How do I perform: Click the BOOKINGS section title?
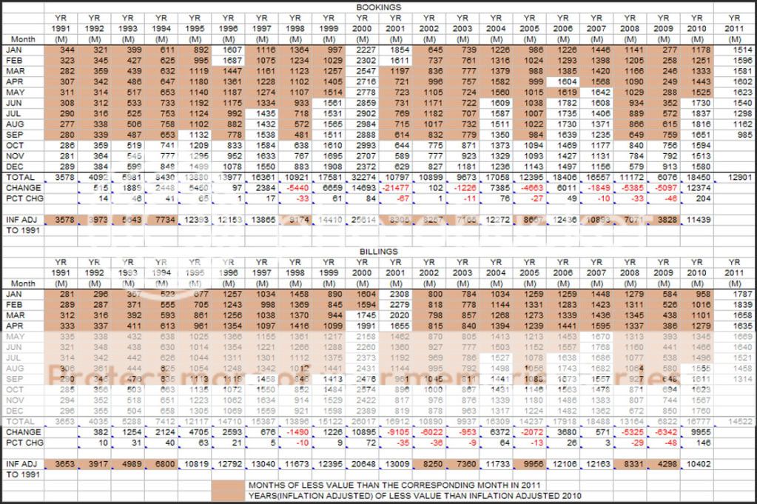click(378, 7)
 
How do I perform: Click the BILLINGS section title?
click(378, 252)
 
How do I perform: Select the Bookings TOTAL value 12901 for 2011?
click(734, 178)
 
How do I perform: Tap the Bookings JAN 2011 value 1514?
click(734, 49)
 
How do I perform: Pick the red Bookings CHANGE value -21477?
click(397, 189)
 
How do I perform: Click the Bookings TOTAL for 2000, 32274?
click(363, 178)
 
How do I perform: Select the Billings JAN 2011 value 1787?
click(734, 294)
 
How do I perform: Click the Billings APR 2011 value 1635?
click(734, 326)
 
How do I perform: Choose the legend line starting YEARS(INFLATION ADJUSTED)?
click(414, 495)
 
